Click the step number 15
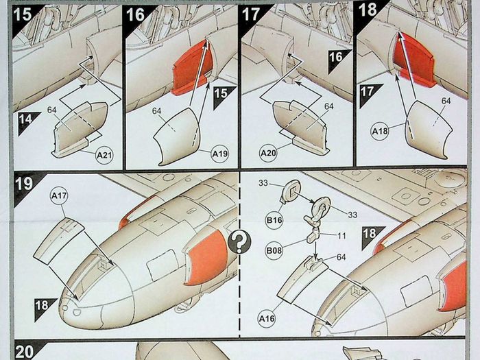(x=23, y=14)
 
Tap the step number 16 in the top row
(x=135, y=14)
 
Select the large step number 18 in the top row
(x=368, y=10)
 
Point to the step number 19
(x=24, y=184)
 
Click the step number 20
(x=24, y=352)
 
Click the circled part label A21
(x=104, y=155)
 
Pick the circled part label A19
(x=220, y=154)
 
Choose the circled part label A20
(x=268, y=152)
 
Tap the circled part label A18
(x=380, y=132)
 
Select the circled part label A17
(x=59, y=196)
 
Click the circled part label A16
(x=267, y=319)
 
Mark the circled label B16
(x=274, y=220)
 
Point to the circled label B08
(x=274, y=251)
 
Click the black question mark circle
(x=239, y=242)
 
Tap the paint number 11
(x=341, y=236)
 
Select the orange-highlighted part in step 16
(x=193, y=69)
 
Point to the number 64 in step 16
(x=157, y=111)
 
